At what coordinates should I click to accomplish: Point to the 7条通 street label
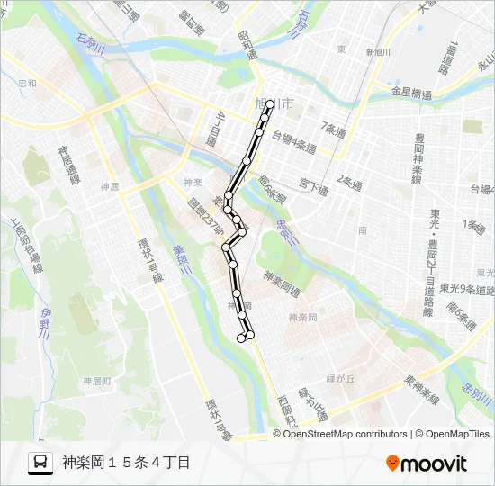pyautogui.click(x=334, y=127)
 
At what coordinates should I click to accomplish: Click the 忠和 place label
pyautogui.click(x=27, y=84)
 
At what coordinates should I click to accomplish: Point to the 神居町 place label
pyautogui.click(x=94, y=381)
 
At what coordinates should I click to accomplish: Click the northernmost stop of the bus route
pyautogui.click(x=269, y=103)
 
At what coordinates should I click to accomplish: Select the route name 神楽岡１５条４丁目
pyautogui.click(x=127, y=463)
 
